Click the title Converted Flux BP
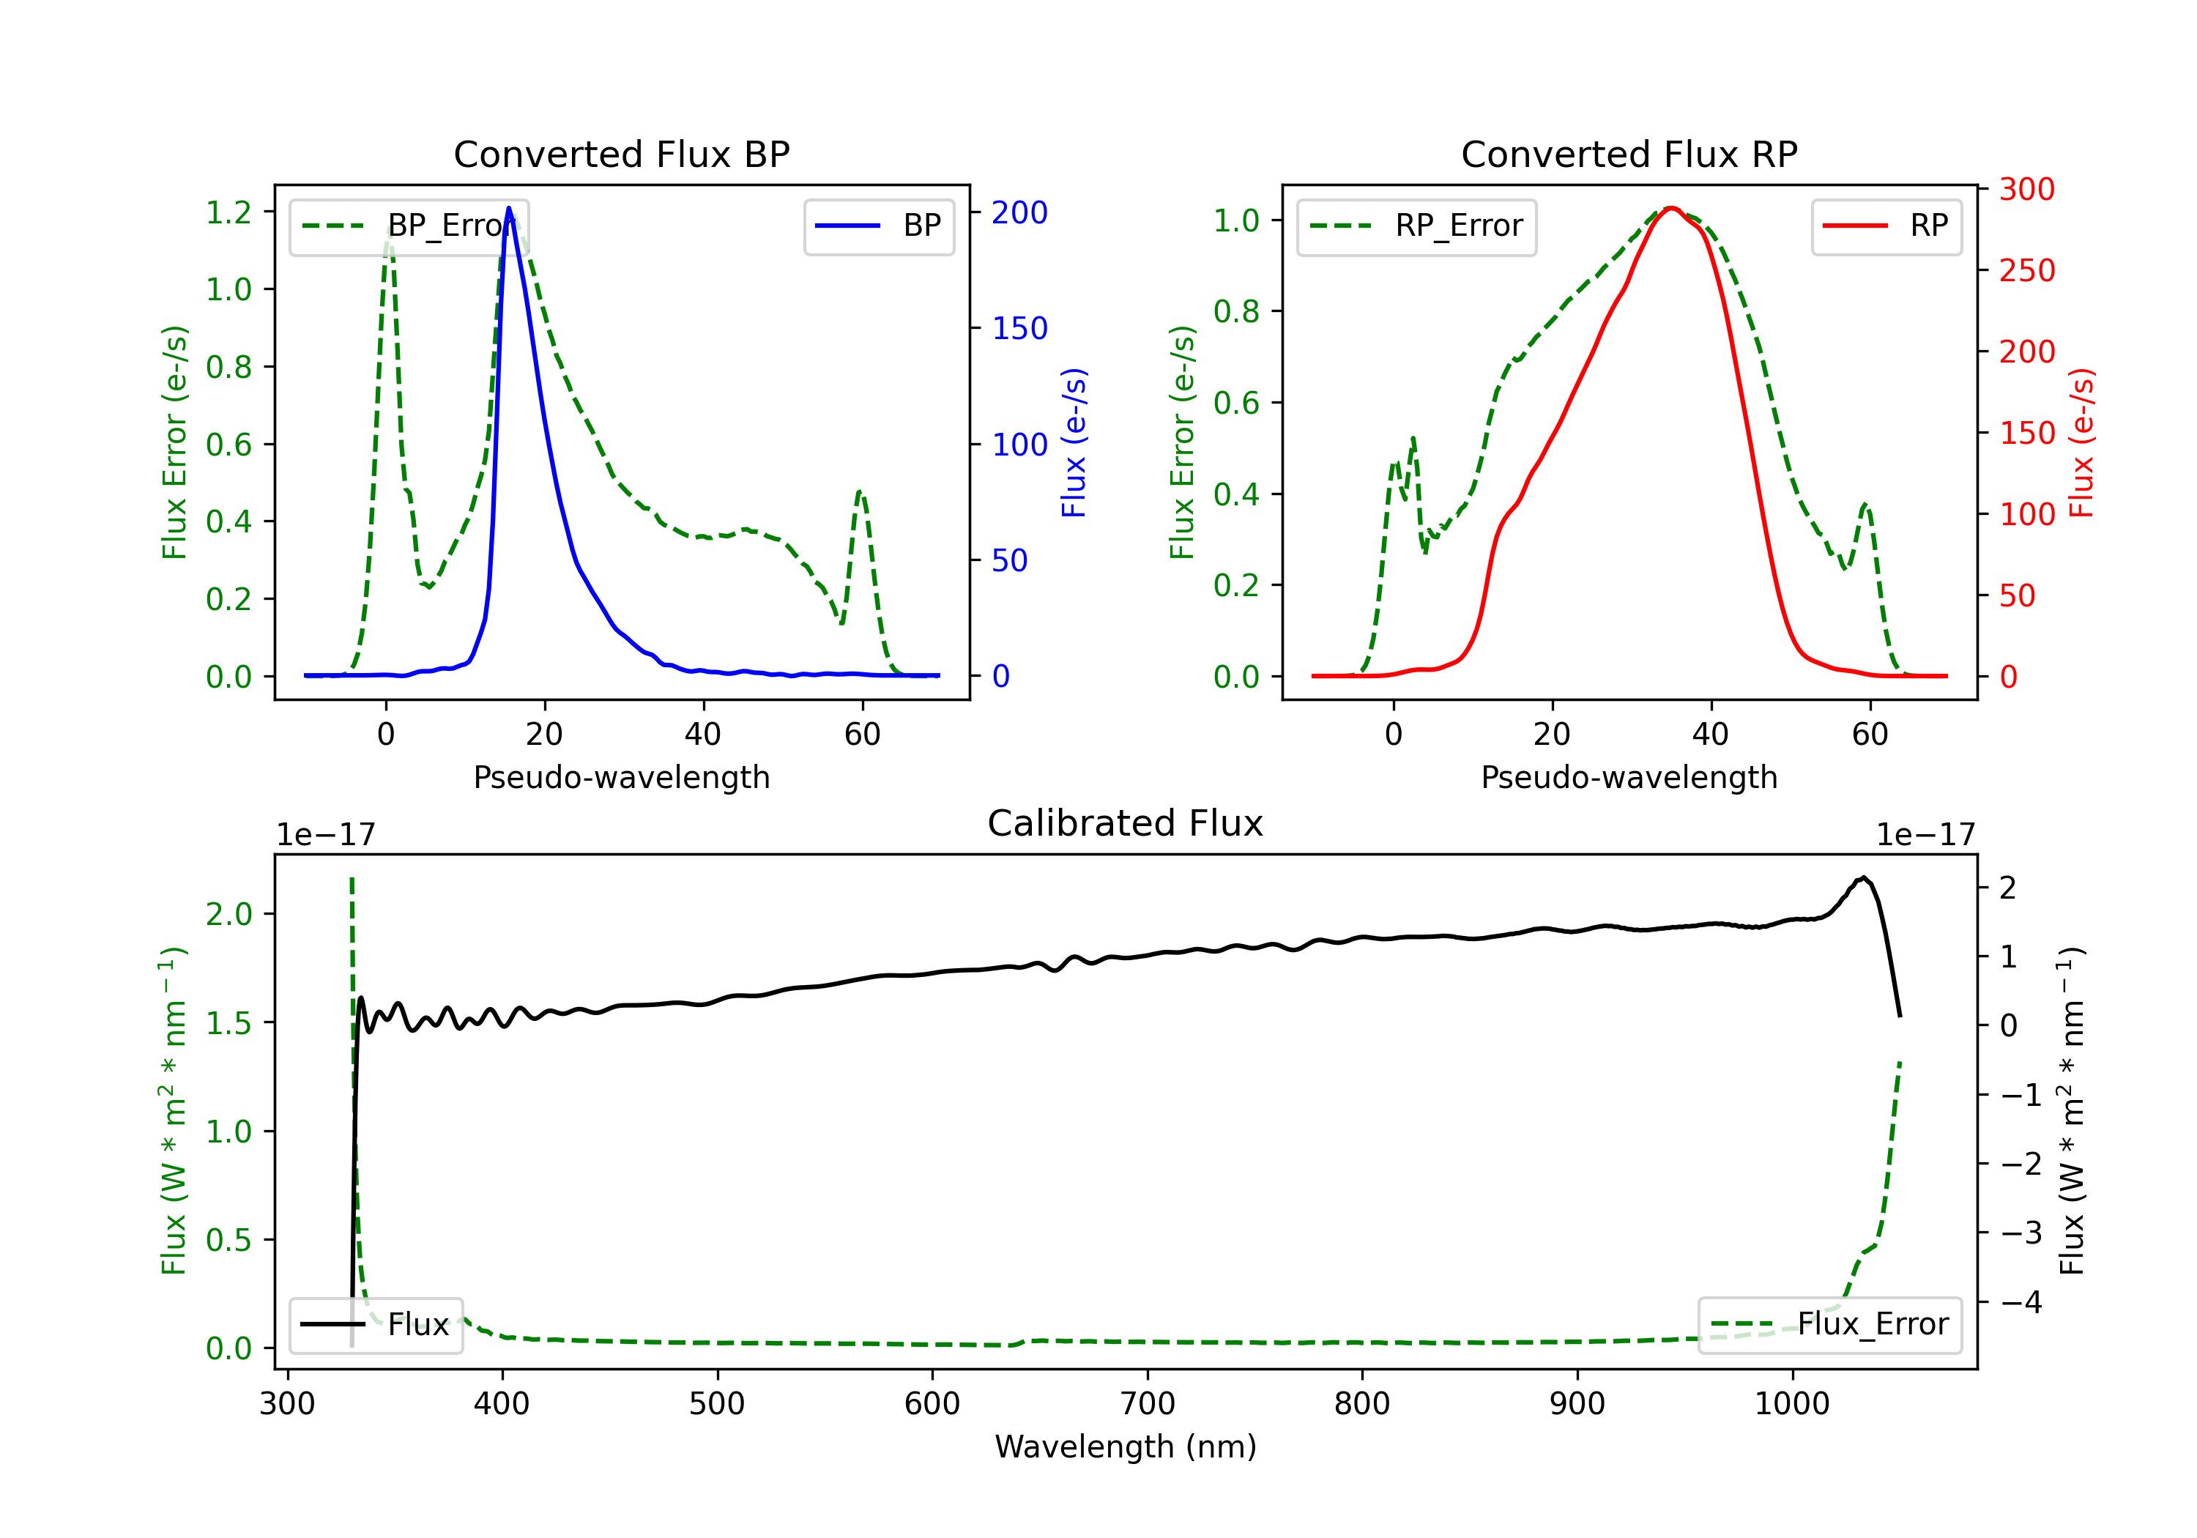coord(621,154)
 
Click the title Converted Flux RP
coord(1629,154)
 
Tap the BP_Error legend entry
coord(409,226)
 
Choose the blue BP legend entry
coord(878,226)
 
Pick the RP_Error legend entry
coord(1416,226)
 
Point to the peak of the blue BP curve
coord(508,208)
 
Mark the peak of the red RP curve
coord(1670,208)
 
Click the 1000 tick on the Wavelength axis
coord(1791,1403)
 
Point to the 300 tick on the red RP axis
coord(2026,190)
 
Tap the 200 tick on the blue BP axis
coord(1019,212)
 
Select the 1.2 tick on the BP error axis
coord(228,212)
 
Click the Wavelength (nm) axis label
coord(1126,1446)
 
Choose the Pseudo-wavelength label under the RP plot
coord(1629,777)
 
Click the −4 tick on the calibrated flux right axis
coord(2021,1301)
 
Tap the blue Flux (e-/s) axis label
coord(1074,442)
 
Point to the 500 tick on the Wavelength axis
coord(717,1403)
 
